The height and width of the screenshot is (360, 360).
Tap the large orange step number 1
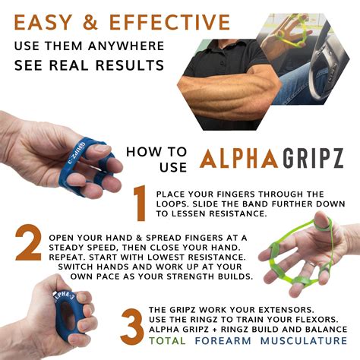pos(138,204)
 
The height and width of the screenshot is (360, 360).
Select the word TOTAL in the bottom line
pos(169,343)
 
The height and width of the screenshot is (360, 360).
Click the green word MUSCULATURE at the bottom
pos(304,343)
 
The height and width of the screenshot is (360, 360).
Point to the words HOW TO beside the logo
pos(151,150)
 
